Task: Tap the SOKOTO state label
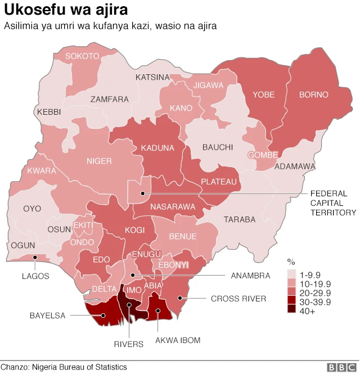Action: click(82, 56)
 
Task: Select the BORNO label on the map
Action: click(313, 95)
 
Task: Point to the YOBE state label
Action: click(263, 95)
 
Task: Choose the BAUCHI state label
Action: click(217, 147)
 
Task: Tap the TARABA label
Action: click(239, 219)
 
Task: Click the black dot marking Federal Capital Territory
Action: click(143, 193)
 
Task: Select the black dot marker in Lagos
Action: click(35, 258)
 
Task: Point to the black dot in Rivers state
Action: click(129, 305)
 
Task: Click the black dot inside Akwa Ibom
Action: click(157, 310)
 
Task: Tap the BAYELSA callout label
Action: click(47, 316)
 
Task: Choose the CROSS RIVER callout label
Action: click(238, 299)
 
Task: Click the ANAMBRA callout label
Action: click(250, 276)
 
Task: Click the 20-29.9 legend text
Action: click(316, 292)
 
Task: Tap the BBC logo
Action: click(341, 367)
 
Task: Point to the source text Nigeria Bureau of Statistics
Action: click(79, 367)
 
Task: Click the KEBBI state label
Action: click(49, 112)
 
